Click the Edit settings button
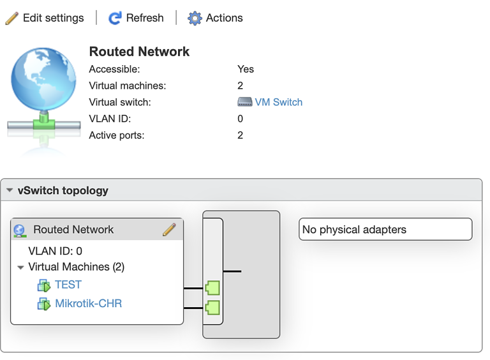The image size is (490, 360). pos(45,18)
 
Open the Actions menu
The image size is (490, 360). pos(216,18)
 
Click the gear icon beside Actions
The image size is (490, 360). pos(195,18)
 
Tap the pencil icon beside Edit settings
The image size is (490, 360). pos(12,18)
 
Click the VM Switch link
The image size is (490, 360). pos(278,102)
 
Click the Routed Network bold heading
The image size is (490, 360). pos(139,52)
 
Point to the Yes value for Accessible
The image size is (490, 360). pos(245,69)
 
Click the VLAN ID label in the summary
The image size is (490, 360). pos(110,119)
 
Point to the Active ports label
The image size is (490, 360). pos(117,135)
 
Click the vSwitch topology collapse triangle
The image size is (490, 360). pos(10,190)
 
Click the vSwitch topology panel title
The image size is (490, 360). pos(63,190)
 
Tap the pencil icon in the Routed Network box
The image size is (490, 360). pos(169,230)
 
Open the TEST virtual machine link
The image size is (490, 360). pos(68,285)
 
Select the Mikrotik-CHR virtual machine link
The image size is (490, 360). pos(88,303)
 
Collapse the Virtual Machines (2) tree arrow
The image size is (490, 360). pos(21,267)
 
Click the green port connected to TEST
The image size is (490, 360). pos(212,288)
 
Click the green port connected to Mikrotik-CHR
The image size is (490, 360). pos(212,308)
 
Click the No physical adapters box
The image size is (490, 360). pos(385,229)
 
